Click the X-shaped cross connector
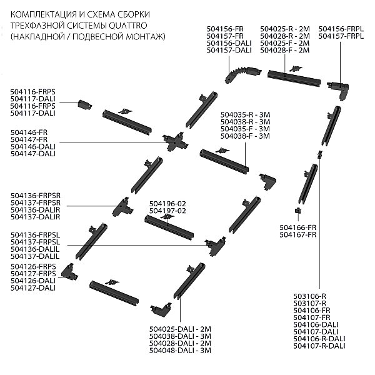pos(175,142)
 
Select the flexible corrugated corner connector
pos(242,73)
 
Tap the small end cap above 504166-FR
pos(298,211)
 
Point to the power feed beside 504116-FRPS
pos(84,104)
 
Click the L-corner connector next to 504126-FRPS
pos(69,272)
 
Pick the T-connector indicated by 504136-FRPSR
pos(122,207)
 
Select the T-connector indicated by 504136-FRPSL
pos(216,246)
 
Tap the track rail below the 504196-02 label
pos(169,227)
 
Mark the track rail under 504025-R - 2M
pos(294,79)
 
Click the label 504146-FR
pos(29,132)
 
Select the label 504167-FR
pos(298,235)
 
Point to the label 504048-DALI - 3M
pos(181,351)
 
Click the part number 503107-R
pos(310,303)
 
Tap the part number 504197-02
pos(167,211)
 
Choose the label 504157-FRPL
pos(341,36)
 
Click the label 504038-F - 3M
pos(245,136)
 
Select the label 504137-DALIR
pos(36,217)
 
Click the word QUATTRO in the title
pos(128,26)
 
